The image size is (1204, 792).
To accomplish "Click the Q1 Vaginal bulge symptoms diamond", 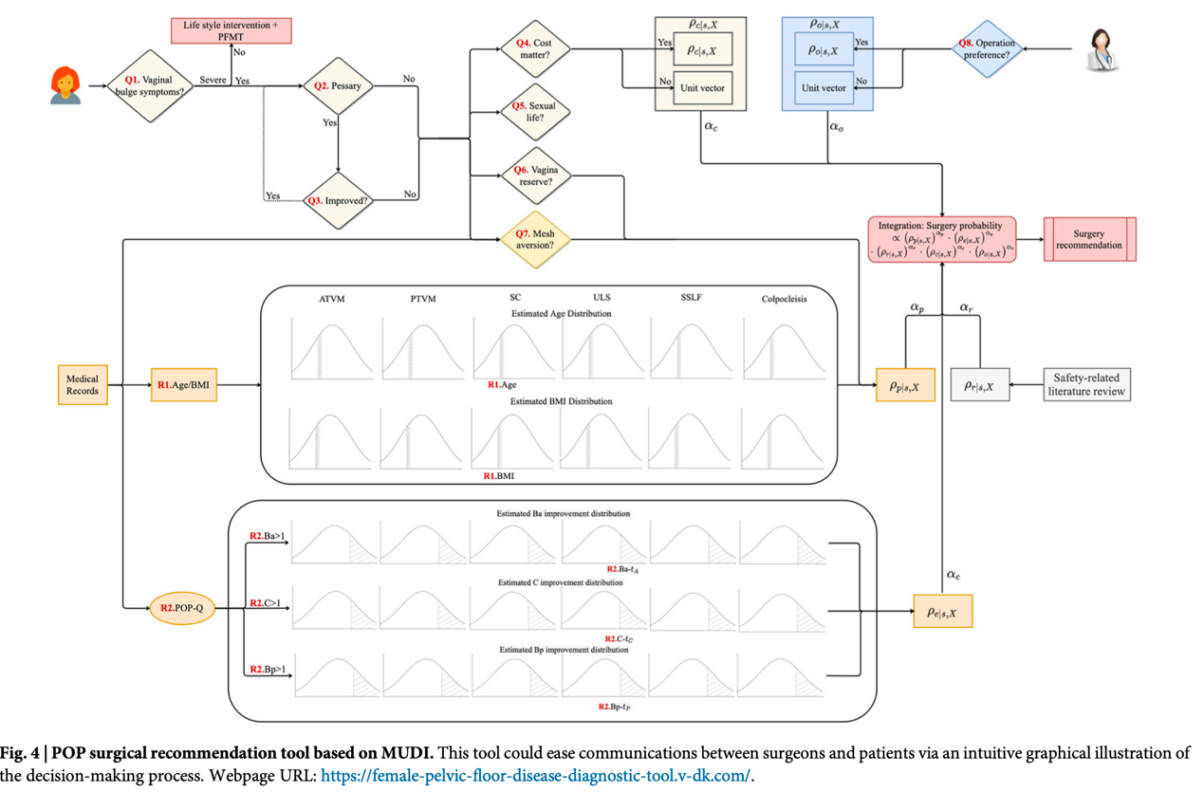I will [150, 87].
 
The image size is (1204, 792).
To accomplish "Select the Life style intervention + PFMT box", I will [232, 29].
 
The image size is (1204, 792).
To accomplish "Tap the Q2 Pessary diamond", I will [338, 86].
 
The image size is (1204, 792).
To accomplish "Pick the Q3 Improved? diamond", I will [338, 201].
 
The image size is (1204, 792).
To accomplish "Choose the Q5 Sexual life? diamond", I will [535, 113].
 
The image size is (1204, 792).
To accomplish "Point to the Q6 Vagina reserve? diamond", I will [535, 175].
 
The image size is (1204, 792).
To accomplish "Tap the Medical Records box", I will [82, 384].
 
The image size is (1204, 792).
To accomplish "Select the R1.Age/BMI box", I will [184, 385].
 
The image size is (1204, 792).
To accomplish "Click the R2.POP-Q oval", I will [183, 608].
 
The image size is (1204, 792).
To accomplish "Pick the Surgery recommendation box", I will [1089, 239].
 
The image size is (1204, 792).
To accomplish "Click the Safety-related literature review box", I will [1087, 385].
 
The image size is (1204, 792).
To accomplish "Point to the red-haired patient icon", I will [65, 85].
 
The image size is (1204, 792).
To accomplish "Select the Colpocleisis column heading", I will [784, 299].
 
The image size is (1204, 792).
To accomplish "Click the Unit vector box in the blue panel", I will [824, 87].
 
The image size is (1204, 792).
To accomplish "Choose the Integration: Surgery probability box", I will [941, 239].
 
